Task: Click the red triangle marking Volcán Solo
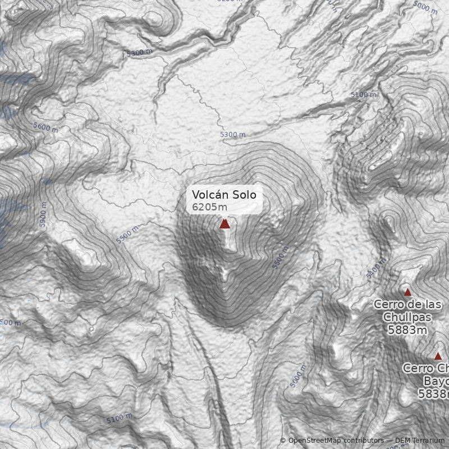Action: [224, 224]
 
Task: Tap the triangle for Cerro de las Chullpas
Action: [408, 292]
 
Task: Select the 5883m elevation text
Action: [407, 330]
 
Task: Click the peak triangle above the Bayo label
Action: [438, 356]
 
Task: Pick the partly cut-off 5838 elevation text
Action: [433, 394]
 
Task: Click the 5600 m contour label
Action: [45, 128]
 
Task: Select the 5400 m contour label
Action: [377, 269]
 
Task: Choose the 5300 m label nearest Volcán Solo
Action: [232, 135]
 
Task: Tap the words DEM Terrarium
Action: [420, 441]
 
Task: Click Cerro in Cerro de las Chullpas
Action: [387, 304]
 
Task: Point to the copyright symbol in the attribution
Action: [283, 441]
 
